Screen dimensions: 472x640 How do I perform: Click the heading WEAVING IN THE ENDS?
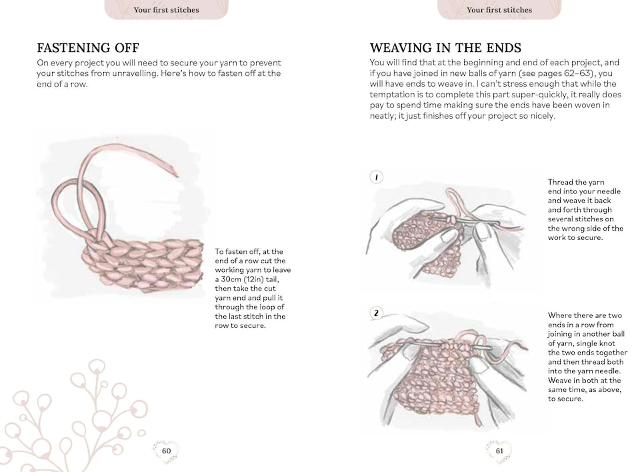[445, 48]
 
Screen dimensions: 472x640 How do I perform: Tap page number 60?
[166, 451]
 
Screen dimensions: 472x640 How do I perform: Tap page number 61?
[499, 451]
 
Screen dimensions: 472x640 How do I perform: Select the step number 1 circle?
[377, 177]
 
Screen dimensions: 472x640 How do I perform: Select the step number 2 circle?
[377, 313]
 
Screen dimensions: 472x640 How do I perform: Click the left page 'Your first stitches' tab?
[166, 10]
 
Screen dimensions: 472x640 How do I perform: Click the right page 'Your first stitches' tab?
[499, 10]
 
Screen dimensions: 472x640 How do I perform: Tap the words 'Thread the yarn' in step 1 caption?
[576, 182]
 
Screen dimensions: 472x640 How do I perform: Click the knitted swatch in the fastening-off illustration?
[143, 263]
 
